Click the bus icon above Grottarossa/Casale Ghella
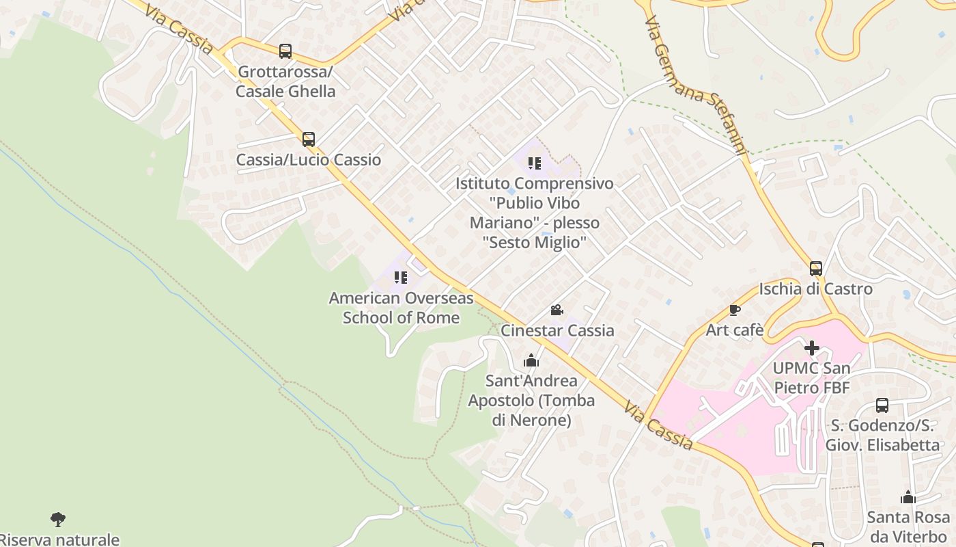(x=285, y=51)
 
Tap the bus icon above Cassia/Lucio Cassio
(x=309, y=139)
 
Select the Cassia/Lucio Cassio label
(x=309, y=160)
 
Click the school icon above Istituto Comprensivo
(x=534, y=163)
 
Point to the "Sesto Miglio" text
(x=534, y=242)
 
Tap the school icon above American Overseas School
(x=401, y=278)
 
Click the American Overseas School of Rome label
(x=401, y=308)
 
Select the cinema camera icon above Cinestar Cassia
(x=557, y=310)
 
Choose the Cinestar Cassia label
(x=557, y=330)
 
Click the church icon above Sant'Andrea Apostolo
(x=531, y=360)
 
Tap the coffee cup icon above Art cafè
(x=735, y=310)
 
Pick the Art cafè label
(x=735, y=330)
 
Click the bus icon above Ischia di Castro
(x=816, y=269)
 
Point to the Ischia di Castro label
(x=816, y=289)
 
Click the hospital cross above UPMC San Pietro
(x=812, y=348)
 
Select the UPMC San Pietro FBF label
(x=811, y=378)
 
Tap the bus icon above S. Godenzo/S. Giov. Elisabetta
(x=882, y=405)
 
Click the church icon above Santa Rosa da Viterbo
(x=908, y=497)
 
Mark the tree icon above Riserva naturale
(x=59, y=520)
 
